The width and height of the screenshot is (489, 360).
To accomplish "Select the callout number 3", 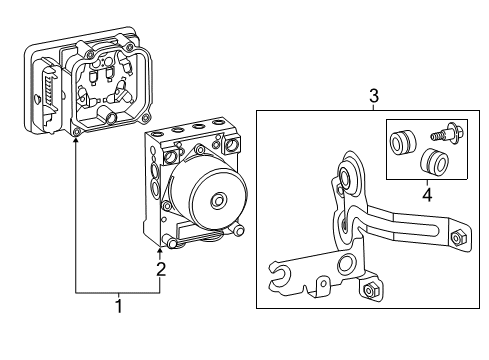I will point(373,96).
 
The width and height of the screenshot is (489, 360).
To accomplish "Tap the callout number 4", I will point(427,196).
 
